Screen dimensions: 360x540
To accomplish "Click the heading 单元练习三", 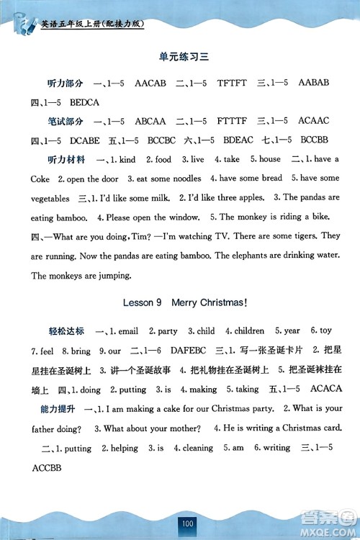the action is point(179,55).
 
